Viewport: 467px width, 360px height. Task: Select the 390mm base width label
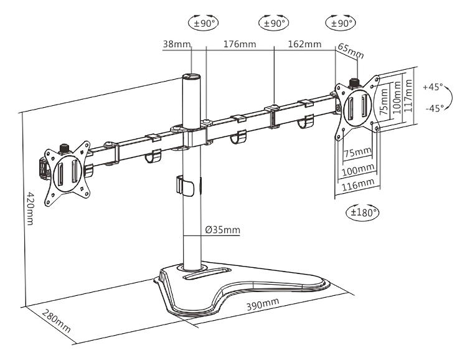(262, 306)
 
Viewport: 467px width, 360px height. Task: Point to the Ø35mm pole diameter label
(222, 230)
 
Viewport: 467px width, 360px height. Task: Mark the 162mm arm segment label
(304, 44)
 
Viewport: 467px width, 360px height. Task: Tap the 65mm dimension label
(350, 51)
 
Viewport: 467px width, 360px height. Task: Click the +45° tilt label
(433, 87)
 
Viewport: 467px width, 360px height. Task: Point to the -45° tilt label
(433, 108)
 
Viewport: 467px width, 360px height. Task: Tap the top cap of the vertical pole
(191, 77)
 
